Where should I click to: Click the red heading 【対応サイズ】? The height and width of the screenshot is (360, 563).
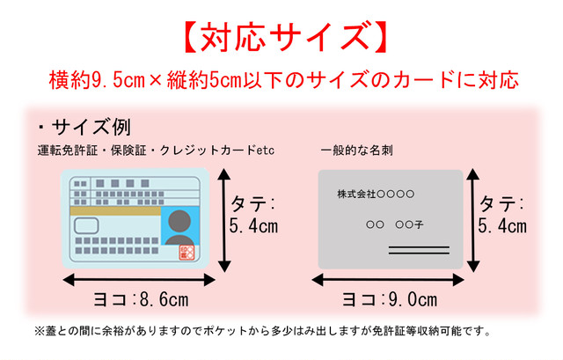285,37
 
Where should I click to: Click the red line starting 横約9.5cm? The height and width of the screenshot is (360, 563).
284,80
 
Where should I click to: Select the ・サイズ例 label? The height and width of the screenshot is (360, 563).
84,127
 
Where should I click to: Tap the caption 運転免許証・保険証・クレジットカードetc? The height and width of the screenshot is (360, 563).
156,151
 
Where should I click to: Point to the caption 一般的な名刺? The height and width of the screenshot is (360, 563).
356,151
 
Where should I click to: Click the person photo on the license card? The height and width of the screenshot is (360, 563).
179,225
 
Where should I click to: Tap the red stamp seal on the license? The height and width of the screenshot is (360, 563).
186,253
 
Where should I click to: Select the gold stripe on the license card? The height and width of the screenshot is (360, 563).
115,211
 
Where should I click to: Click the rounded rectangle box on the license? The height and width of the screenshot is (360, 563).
86,226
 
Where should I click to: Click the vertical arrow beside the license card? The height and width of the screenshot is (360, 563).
224,220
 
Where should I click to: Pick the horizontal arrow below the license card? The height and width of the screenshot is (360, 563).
139,280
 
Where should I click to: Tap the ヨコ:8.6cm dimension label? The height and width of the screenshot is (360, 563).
141,299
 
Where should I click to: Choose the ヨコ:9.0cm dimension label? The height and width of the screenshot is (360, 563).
390,299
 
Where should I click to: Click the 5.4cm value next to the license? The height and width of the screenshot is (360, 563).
253,226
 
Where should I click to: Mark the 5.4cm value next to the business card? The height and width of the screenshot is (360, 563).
502,226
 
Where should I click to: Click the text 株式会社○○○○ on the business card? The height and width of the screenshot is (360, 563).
376,194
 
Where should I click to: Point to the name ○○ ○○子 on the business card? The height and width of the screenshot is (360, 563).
395,225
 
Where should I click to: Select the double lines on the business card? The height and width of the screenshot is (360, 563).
419,251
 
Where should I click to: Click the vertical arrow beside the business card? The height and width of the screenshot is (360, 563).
473,220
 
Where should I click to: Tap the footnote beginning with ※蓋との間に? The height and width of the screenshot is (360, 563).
262,331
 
